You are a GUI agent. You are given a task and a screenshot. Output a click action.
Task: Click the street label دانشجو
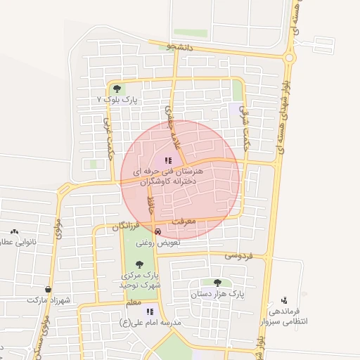point(180,47)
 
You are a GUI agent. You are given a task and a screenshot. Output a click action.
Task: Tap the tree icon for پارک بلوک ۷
point(117,89)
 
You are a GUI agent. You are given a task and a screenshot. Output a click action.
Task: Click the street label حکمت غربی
point(108,131)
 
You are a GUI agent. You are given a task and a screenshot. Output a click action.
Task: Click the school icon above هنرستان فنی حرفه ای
point(167,160)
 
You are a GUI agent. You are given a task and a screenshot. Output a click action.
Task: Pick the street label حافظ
point(150,206)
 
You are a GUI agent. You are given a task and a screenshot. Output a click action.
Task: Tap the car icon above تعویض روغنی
point(157,231)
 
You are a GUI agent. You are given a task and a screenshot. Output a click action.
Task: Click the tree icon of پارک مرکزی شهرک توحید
point(139,264)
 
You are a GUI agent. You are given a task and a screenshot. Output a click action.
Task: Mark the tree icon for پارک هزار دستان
point(226,283)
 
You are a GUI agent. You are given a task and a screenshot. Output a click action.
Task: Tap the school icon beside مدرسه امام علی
point(150,311)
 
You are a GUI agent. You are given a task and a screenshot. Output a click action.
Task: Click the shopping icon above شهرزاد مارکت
point(48,289)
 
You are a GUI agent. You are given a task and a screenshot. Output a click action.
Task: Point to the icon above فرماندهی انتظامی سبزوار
point(284,300)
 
